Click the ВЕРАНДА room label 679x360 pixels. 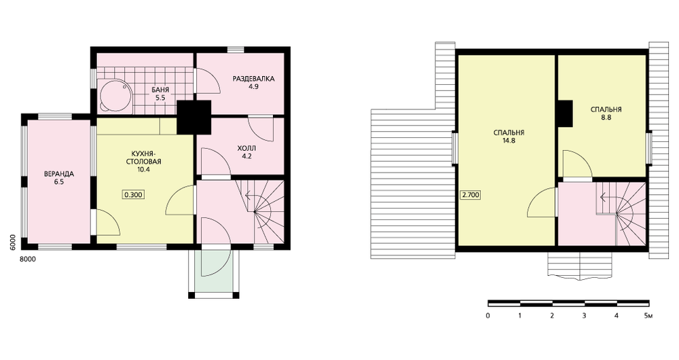(59, 178)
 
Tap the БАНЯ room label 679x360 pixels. (160, 94)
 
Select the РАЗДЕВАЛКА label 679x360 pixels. (254, 82)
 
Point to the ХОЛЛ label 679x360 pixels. (247, 153)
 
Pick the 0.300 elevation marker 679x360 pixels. (133, 195)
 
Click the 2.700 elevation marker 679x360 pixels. (471, 195)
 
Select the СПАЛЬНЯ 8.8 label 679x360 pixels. (606, 113)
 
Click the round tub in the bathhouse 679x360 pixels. (115, 95)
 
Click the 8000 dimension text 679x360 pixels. (28, 259)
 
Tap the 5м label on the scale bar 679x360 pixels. (648, 316)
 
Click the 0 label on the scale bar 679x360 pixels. (488, 316)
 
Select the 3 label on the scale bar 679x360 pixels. (584, 316)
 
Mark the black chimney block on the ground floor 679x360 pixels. (194, 117)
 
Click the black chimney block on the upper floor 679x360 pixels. (565, 113)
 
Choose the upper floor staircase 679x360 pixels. (620, 213)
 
